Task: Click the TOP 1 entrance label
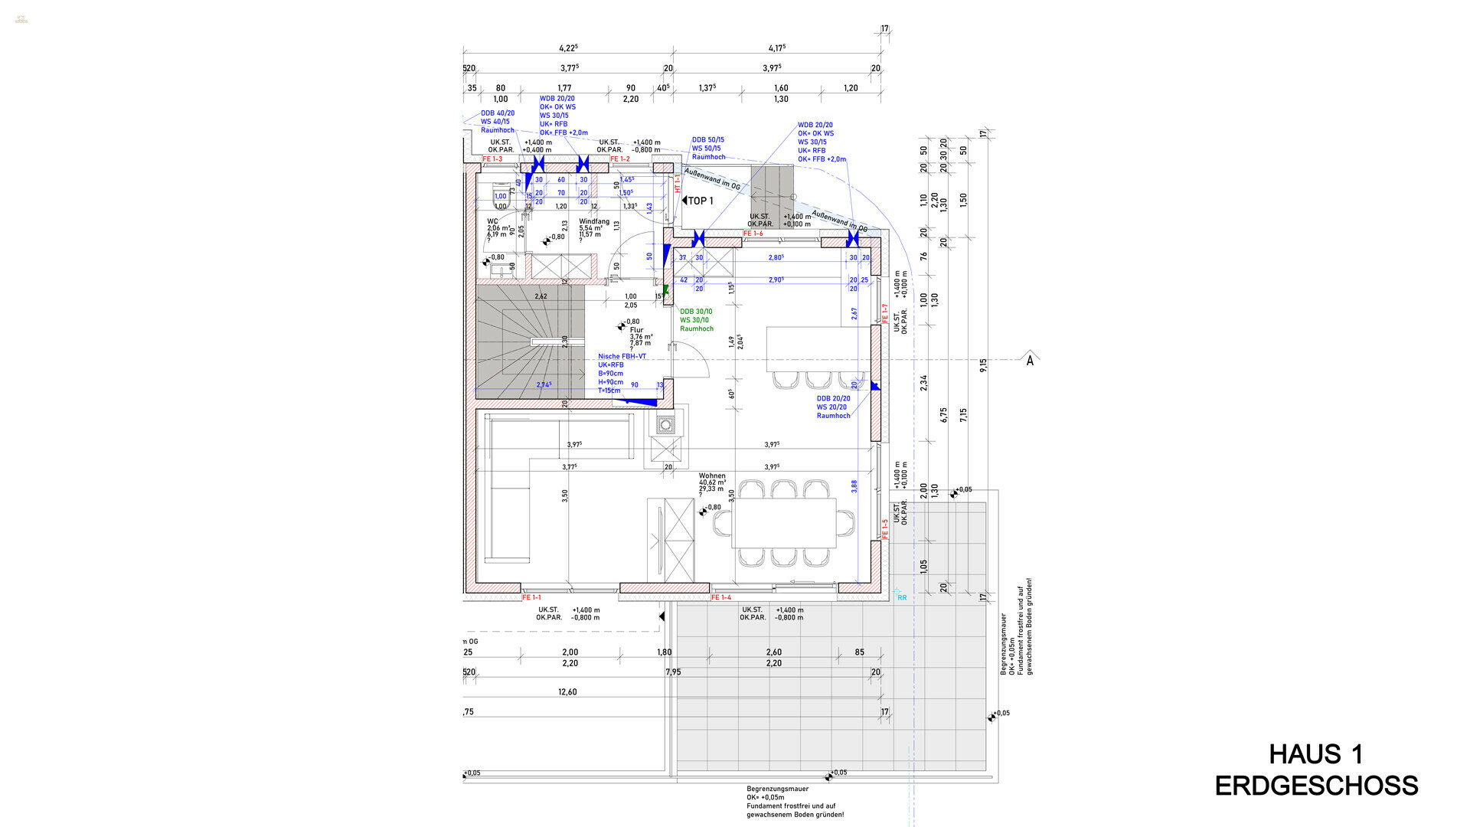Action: coord(700,201)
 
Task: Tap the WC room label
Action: coord(492,221)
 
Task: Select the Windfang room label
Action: coord(594,221)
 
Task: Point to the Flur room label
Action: coord(636,330)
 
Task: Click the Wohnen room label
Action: coord(712,476)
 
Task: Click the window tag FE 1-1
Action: coord(531,597)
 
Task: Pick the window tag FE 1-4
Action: coord(721,597)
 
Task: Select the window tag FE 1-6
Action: coord(753,234)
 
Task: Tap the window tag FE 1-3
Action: coord(492,159)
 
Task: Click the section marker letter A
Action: coord(1030,361)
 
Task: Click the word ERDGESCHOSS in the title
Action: coord(1316,786)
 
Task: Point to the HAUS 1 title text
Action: coord(1316,754)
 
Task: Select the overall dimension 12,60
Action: coord(567,691)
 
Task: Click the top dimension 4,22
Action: coord(567,47)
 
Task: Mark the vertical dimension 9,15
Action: coord(983,365)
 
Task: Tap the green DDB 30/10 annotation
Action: coord(696,312)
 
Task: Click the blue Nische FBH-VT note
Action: coord(622,356)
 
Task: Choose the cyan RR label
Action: coord(902,597)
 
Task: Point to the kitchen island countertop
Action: coord(812,348)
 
